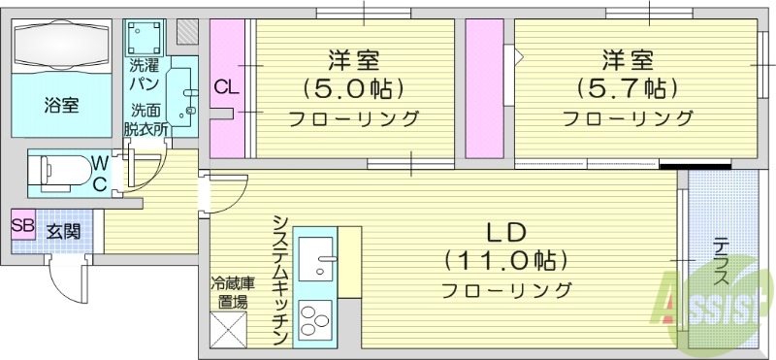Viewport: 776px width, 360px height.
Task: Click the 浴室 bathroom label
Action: pos(60,105)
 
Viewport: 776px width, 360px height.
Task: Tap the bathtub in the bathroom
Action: pos(62,49)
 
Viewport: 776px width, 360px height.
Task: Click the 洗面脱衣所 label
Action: pos(145,118)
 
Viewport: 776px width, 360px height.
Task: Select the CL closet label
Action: pos(226,88)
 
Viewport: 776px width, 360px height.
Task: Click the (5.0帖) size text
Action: pos(353,88)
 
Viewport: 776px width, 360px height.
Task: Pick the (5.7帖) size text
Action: pos(627,88)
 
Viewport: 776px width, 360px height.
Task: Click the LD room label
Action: pos(505,233)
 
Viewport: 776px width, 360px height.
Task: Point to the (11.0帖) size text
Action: pos(505,260)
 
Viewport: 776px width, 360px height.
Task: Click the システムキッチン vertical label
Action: pos(280,278)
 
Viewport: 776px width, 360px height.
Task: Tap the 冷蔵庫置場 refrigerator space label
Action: pos(233,291)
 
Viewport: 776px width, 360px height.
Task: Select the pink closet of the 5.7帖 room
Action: pos(483,87)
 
